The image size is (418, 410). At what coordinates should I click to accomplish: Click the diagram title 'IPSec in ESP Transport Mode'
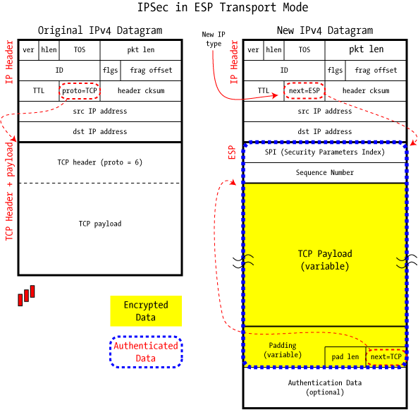tap(223, 7)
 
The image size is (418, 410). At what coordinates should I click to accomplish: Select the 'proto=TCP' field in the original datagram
tap(80, 91)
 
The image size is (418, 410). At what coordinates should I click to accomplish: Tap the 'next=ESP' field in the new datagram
tap(305, 91)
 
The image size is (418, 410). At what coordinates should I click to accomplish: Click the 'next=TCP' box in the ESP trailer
tap(386, 356)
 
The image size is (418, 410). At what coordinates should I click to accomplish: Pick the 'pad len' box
tap(345, 357)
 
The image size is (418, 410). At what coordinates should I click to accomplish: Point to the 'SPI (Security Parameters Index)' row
tap(325, 152)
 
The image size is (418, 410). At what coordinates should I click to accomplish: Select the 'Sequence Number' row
tap(325, 173)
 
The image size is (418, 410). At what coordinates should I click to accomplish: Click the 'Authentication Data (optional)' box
tap(325, 387)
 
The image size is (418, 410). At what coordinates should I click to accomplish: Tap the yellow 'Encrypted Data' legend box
tap(146, 311)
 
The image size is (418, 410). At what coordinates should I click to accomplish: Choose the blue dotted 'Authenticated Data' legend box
tap(146, 352)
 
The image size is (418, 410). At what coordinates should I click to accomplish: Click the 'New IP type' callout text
tap(214, 39)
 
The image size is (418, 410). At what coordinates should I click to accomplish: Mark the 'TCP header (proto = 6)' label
tap(100, 162)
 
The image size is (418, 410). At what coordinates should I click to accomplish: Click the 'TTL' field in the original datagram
tap(39, 91)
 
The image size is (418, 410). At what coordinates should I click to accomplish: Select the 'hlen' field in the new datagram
tap(273, 50)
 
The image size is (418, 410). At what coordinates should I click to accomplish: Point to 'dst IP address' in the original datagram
tap(100, 131)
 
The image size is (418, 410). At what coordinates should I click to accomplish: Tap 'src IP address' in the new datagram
tap(325, 111)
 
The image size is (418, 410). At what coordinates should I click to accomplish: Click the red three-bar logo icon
tap(26, 296)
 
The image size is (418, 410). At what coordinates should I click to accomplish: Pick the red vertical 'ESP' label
tap(232, 152)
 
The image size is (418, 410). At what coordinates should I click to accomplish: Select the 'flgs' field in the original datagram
tap(111, 71)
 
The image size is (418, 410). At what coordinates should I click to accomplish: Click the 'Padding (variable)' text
tap(283, 350)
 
